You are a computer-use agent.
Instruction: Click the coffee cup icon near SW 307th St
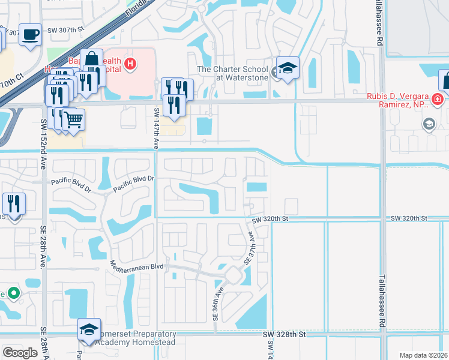click(x=29, y=34)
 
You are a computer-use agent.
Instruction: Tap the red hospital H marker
click(x=130, y=63)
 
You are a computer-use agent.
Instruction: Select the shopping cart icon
click(x=73, y=119)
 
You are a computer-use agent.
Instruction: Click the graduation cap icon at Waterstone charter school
click(x=288, y=68)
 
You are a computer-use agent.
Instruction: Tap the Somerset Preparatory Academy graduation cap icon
click(x=89, y=329)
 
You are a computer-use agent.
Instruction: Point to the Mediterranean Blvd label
click(x=137, y=265)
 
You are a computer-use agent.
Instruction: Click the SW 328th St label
click(x=285, y=333)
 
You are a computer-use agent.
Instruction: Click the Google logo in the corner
click(x=20, y=352)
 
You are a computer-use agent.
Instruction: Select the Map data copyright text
click(x=423, y=355)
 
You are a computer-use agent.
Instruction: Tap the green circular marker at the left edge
click(x=13, y=294)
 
